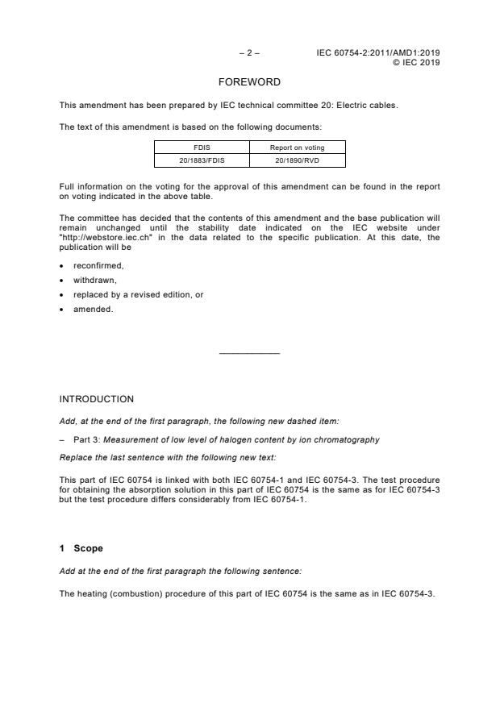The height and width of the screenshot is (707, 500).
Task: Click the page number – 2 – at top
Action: coord(249,53)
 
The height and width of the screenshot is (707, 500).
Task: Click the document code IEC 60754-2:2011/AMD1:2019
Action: coord(378,53)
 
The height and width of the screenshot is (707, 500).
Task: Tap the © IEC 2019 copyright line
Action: coord(415,62)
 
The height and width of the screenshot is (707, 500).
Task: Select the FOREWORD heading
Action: coord(249,82)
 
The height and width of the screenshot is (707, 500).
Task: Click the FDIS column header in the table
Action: coord(201,148)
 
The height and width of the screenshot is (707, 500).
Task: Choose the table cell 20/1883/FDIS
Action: coord(201,160)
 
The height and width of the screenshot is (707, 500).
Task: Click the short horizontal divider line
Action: coord(249,353)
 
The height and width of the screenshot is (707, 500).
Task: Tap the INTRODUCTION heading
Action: coord(97,399)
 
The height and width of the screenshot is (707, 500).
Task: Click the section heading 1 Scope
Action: coord(81,548)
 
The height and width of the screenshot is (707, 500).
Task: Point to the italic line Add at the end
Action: coord(181,571)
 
